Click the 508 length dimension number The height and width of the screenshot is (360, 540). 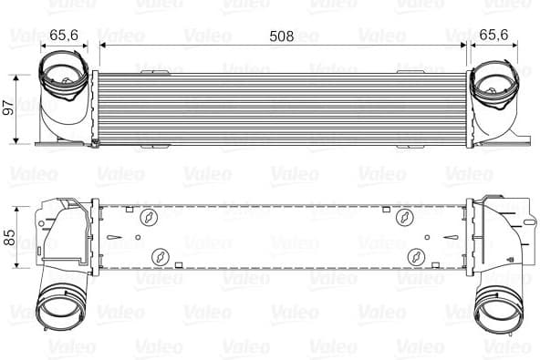pos(282,37)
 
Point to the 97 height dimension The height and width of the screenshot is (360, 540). pos(9,108)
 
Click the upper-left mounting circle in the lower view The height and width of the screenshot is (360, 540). pos(147,219)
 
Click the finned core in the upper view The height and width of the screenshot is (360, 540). pos(282,107)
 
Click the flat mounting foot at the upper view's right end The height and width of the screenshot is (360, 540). pos(516,140)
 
